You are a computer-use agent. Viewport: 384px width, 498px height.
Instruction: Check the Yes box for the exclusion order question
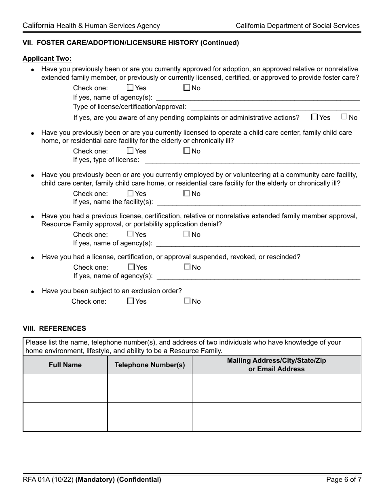131,301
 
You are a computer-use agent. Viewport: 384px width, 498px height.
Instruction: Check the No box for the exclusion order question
187,301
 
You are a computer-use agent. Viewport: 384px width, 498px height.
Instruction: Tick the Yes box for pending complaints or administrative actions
314,117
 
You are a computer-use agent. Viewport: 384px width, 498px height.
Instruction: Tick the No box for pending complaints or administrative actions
344,117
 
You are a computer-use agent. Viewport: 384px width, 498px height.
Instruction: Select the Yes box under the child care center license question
130,151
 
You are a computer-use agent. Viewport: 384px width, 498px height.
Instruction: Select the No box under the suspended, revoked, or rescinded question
187,267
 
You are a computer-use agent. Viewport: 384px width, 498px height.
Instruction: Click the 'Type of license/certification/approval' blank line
275,107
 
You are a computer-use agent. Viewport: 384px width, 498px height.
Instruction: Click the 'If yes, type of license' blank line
252,160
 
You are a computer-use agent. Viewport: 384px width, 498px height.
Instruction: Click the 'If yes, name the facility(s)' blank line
258,202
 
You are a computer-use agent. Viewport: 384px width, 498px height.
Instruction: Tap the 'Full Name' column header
65,365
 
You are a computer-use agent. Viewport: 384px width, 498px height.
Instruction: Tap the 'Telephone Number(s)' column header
150,365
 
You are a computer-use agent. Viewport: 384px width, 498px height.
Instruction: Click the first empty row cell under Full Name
65,388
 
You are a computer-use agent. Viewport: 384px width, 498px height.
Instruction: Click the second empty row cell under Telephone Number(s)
150,417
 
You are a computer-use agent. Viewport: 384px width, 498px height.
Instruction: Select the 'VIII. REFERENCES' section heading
54,328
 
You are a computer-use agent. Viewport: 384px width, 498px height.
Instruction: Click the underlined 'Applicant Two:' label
47,59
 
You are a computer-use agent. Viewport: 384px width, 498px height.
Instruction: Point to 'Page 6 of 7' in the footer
344,480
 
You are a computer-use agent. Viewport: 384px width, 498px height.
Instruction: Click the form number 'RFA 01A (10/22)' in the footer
48,480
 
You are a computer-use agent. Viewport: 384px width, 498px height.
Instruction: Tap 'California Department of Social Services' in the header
297,26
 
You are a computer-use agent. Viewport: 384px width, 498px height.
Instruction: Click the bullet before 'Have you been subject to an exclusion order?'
33,292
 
